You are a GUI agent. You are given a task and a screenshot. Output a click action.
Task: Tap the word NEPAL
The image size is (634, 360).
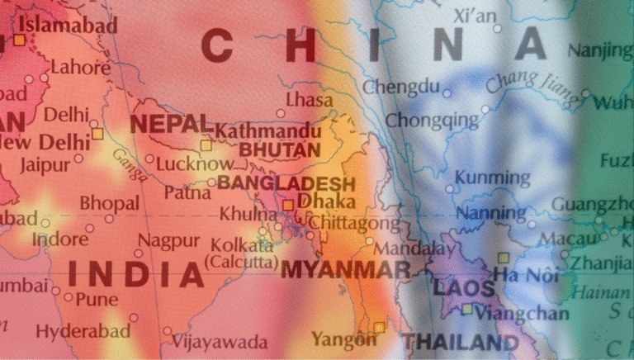point(170,124)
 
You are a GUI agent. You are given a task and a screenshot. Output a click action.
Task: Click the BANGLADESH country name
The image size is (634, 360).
point(286,182)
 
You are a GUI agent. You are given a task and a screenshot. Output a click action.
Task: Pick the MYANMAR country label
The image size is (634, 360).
point(345,269)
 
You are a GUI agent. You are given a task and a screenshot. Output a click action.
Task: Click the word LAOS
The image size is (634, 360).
point(463,289)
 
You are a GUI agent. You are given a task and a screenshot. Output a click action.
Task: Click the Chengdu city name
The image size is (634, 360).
point(402,86)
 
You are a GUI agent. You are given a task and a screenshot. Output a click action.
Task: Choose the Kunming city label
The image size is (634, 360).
point(492,178)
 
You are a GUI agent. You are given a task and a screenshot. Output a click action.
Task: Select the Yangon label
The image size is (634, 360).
point(338,338)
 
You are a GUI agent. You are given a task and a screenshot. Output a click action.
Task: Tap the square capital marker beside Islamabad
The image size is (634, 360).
point(18,39)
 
